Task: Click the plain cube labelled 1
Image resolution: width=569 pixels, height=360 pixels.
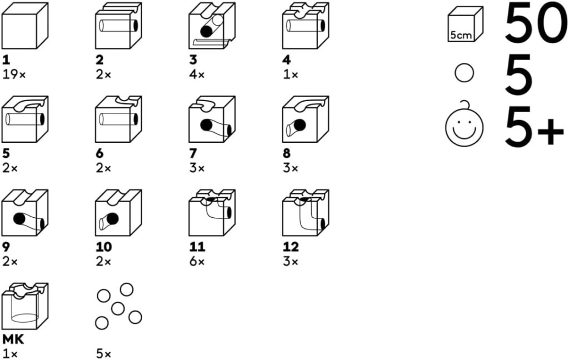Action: (x=24, y=26)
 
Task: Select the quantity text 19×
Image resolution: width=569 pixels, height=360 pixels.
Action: (x=14, y=75)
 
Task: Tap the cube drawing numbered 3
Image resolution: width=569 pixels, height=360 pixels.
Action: (x=212, y=26)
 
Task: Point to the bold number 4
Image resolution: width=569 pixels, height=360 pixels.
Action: (x=287, y=59)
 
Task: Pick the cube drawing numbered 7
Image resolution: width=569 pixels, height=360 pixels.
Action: (x=212, y=119)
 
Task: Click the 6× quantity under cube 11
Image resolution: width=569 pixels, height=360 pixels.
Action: (x=197, y=262)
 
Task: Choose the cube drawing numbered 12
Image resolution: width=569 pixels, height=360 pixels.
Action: (x=306, y=213)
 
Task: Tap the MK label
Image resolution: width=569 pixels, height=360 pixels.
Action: (x=13, y=339)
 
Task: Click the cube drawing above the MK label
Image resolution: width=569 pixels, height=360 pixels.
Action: (x=24, y=306)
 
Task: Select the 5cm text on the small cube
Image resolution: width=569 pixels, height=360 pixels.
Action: (x=461, y=36)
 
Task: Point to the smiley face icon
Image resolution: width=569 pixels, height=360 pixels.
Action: (x=465, y=125)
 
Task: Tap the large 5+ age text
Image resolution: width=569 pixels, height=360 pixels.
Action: (x=534, y=125)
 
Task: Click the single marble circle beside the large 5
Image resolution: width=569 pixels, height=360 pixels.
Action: (x=464, y=73)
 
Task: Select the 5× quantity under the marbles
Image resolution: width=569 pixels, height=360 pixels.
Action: (x=104, y=354)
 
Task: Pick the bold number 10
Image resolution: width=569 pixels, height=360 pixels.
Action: (x=103, y=247)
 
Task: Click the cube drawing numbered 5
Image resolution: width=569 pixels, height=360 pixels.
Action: (x=24, y=119)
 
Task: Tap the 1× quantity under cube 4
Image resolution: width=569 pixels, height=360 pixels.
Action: (x=290, y=75)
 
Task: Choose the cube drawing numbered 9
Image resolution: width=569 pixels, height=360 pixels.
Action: (x=24, y=213)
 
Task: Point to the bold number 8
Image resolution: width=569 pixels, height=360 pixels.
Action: (x=287, y=153)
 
